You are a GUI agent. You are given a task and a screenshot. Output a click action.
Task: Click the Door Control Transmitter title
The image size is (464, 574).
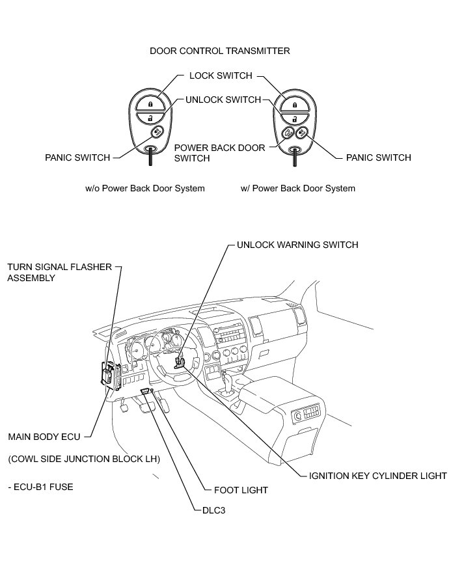tap(220, 51)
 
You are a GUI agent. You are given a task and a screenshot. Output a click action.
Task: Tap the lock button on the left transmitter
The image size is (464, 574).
tap(150, 103)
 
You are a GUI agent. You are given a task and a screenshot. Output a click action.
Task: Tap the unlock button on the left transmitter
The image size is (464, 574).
tap(150, 118)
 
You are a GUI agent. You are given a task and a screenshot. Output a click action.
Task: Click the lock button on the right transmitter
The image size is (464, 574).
tap(295, 103)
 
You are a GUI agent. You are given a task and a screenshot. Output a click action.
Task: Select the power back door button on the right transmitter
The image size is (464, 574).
tap(287, 133)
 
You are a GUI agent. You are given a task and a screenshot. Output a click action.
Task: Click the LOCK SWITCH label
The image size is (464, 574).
tap(221, 75)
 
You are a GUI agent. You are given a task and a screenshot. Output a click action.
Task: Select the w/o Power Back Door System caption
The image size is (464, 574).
tap(145, 189)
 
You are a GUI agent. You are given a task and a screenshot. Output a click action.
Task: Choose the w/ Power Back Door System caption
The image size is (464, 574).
tap(298, 189)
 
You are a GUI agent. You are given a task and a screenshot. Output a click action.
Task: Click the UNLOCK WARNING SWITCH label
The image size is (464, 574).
tap(297, 245)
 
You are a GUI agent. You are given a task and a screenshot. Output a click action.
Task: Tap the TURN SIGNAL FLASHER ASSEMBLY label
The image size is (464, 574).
tap(59, 273)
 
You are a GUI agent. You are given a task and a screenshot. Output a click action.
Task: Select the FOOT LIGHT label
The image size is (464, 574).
tap(241, 490)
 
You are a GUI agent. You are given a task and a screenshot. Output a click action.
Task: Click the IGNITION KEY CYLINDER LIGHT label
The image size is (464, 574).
tap(378, 476)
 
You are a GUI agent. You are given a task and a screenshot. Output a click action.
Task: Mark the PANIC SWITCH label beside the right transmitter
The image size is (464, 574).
tap(378, 157)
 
